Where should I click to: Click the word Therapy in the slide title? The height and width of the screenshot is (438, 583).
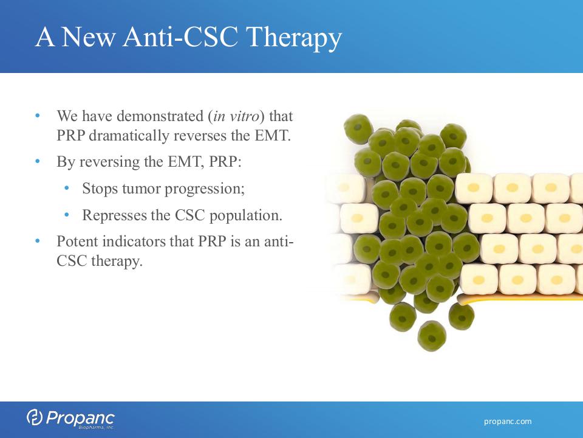tap(294, 38)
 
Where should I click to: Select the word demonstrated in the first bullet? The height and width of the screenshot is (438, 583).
tap(160, 116)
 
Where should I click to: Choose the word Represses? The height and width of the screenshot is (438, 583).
tap(115, 215)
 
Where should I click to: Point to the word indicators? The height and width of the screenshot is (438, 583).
tap(134, 242)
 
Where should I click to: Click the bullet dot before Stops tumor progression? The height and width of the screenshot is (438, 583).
tap(67, 188)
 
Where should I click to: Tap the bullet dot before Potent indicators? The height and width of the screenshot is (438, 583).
tap(38, 241)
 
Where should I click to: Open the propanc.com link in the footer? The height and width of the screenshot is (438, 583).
tap(508, 422)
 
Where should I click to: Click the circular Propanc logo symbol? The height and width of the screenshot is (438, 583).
tap(34, 417)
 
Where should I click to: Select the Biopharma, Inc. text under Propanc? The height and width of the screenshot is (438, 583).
tap(97, 427)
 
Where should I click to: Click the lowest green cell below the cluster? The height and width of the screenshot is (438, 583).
tap(432, 336)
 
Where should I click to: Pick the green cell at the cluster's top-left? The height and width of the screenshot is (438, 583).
tap(358, 129)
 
